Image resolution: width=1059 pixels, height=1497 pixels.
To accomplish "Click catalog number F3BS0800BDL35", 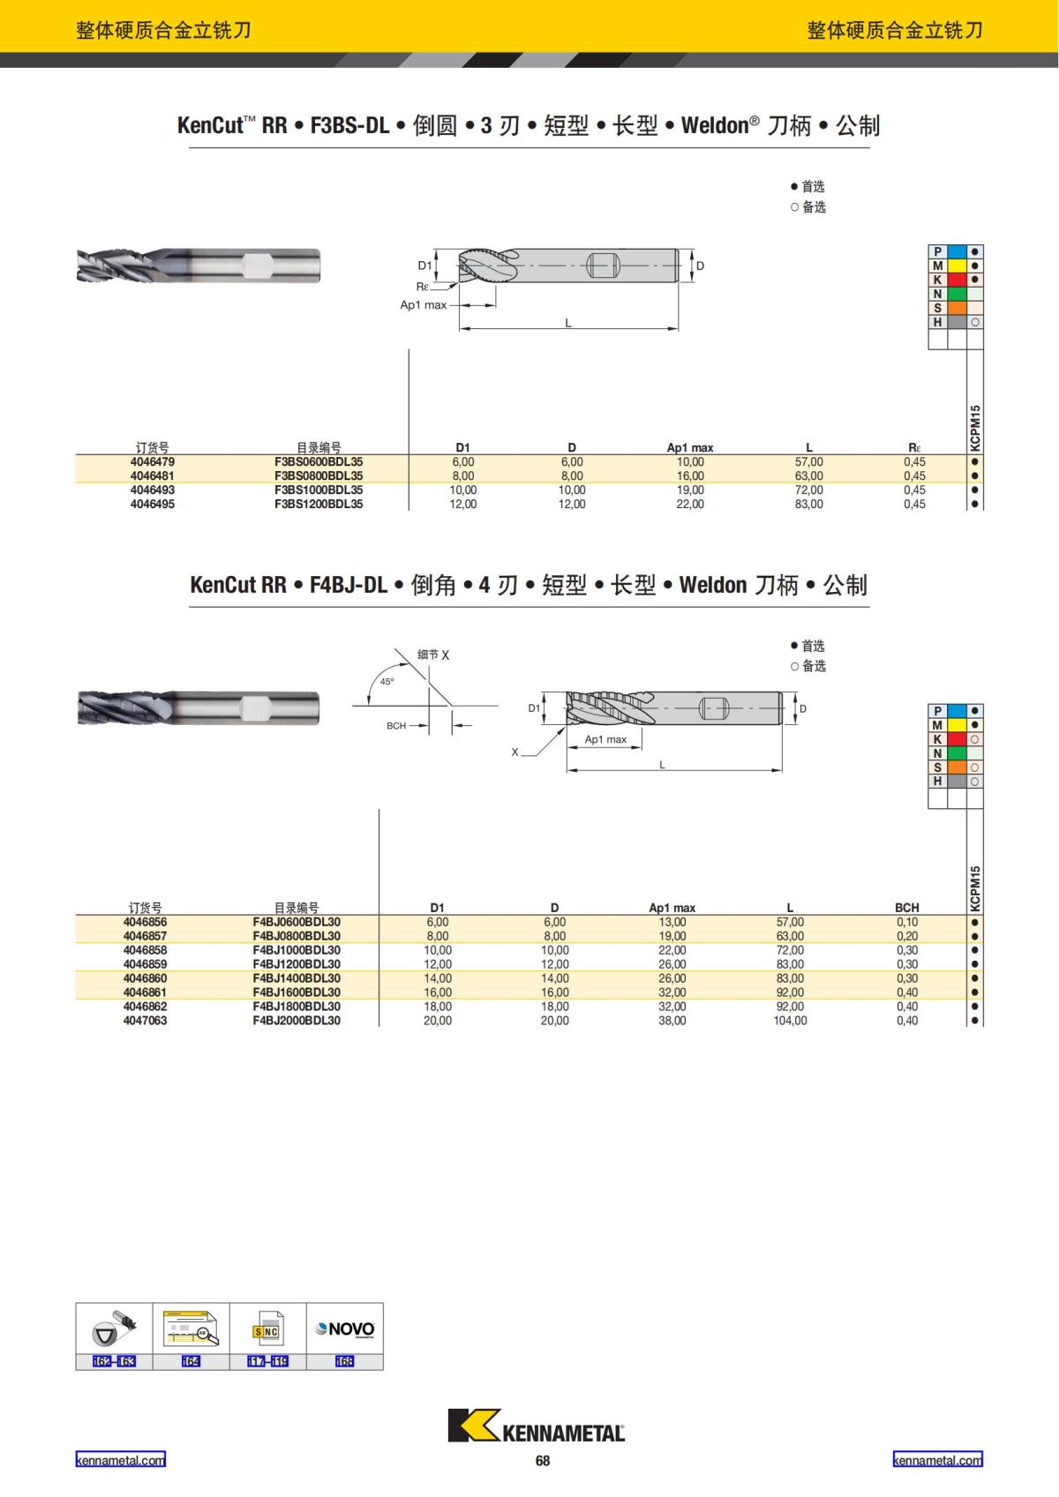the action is click(319, 475).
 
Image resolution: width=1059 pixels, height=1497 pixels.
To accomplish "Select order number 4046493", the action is click(153, 490).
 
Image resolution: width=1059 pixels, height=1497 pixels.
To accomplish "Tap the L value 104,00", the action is click(790, 1021).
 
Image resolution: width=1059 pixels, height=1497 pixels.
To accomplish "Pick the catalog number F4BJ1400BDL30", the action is click(297, 978).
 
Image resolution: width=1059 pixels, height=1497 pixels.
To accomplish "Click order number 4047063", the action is click(145, 1021).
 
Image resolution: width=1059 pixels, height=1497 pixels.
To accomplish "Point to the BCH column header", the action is click(906, 908).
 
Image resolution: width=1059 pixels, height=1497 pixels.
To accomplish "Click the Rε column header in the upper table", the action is click(914, 448).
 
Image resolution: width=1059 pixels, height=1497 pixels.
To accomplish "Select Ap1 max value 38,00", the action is click(672, 1021).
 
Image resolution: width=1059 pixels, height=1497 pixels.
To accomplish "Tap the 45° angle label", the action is click(387, 682).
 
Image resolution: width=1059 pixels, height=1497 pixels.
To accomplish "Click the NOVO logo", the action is click(345, 1329).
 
